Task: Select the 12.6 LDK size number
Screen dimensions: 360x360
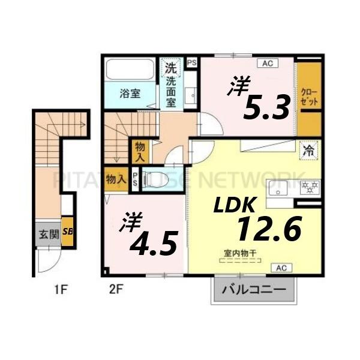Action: pyautogui.click(x=268, y=228)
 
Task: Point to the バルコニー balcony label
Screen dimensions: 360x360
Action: pyautogui.click(x=254, y=291)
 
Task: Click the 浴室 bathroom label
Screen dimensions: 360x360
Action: pyautogui.click(x=130, y=94)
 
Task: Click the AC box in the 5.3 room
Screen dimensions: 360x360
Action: pyautogui.click(x=265, y=62)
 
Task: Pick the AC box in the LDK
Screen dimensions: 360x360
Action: pyautogui.click(x=281, y=268)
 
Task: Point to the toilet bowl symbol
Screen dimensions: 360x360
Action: pyautogui.click(x=157, y=178)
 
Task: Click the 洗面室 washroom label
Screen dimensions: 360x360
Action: pyautogui.click(x=170, y=91)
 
